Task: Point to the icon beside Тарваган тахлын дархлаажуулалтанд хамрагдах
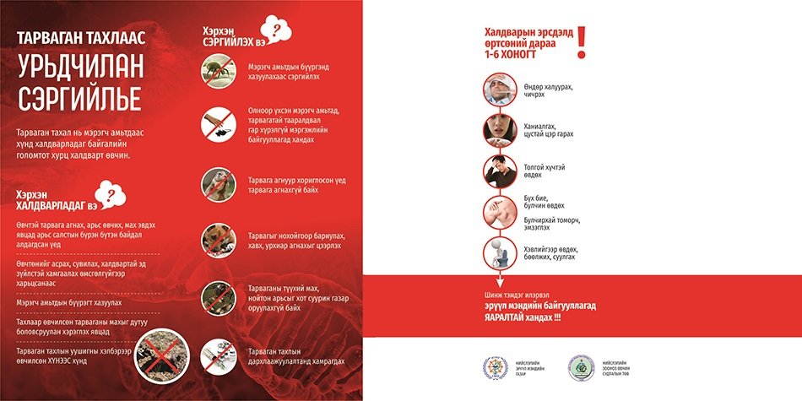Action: pyautogui.click(x=218, y=355)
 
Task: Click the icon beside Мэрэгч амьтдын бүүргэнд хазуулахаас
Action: pyautogui.click(x=218, y=69)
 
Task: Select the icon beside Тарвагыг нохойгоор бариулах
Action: pyautogui.click(x=218, y=240)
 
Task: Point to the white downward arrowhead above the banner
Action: pyautogui.click(x=498, y=284)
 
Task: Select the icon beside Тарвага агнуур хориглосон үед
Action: pyautogui.click(x=218, y=183)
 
